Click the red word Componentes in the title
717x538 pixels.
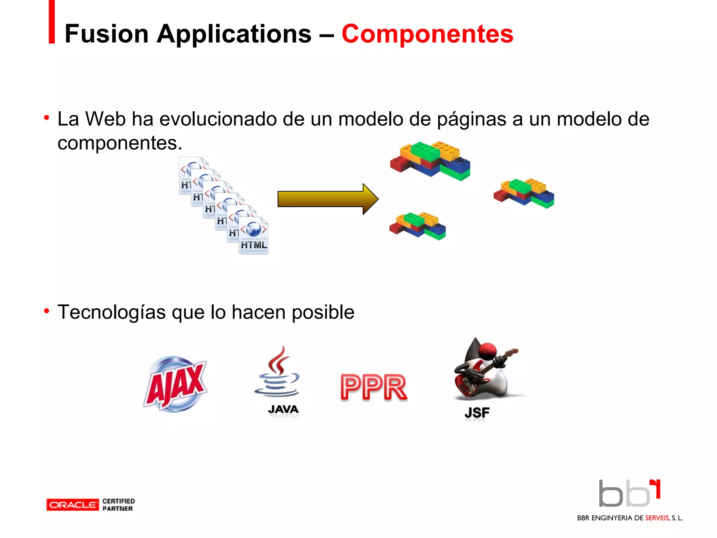pos(427,34)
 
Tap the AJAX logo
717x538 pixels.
pos(176,384)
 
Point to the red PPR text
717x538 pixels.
pos(374,387)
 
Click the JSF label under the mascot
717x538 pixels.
pos(477,413)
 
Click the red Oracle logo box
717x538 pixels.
pos(72,505)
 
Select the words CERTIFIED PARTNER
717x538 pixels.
pos(118,505)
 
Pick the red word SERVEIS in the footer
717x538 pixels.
pos(657,518)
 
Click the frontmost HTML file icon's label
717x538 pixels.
pos(254,245)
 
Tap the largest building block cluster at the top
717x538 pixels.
pos(430,160)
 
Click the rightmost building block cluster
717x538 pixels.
pos(524,193)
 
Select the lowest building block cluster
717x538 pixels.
pos(417,226)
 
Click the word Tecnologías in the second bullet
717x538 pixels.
pos(111,312)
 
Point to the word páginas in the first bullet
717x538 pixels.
pos(472,119)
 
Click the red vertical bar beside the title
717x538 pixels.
pos(52,22)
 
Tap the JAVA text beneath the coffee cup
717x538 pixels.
pos(283,409)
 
